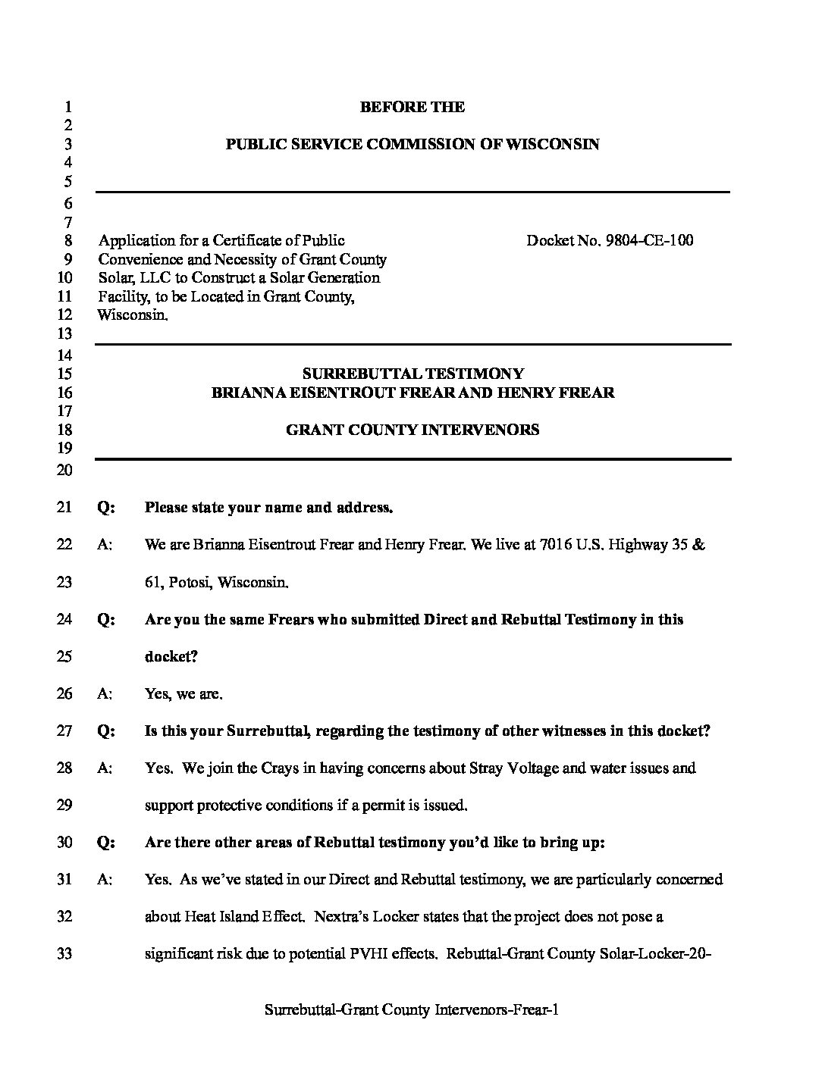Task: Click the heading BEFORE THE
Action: point(412,108)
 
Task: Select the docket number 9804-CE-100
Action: point(650,241)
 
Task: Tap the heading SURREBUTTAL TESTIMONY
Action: point(412,374)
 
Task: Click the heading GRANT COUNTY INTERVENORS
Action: point(412,430)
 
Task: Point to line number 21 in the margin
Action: point(64,508)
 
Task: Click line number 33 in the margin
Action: point(64,953)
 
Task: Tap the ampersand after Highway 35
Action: point(699,545)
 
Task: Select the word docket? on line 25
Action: point(171,656)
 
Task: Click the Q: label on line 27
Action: point(106,731)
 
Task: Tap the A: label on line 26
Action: point(105,693)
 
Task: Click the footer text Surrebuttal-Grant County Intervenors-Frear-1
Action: point(412,1009)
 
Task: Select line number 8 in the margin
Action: point(67,241)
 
